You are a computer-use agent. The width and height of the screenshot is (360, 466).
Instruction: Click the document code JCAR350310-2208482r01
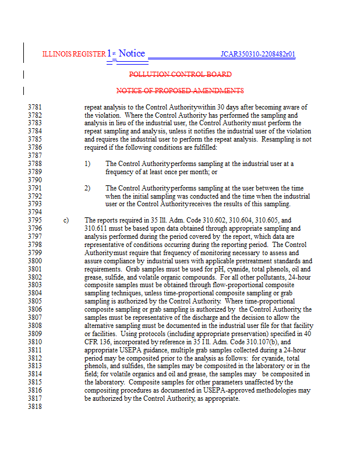(x=257, y=54)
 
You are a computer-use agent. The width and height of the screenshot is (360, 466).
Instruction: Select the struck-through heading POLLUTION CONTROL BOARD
(x=180, y=75)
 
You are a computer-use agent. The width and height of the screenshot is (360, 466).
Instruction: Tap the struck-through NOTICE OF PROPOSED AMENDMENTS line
(x=180, y=91)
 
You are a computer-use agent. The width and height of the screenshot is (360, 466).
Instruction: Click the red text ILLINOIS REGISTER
(x=73, y=54)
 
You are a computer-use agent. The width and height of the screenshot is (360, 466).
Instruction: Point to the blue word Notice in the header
(x=132, y=54)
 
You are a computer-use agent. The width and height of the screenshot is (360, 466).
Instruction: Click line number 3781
(x=34, y=107)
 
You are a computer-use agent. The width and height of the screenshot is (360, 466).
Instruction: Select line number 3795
(x=34, y=221)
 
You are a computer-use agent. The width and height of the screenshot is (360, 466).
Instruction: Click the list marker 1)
(x=87, y=164)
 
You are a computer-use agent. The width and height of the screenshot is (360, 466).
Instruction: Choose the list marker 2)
(x=87, y=189)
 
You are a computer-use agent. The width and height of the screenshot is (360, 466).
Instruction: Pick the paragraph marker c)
(x=66, y=221)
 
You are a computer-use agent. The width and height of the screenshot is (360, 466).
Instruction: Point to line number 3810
(x=34, y=343)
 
